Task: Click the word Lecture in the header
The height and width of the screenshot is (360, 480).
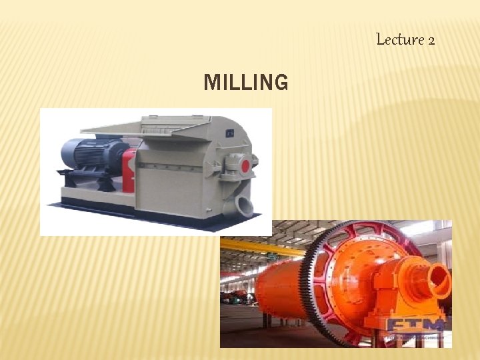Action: point(400,39)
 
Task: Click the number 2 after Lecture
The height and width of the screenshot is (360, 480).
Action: point(431,40)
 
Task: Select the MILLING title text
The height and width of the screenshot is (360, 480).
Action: point(246,83)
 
